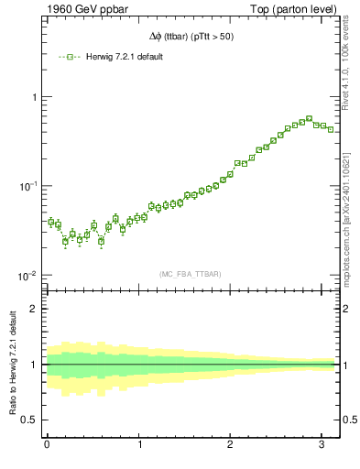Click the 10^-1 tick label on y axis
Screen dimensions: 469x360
click(x=27, y=186)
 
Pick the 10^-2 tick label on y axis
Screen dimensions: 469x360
click(x=27, y=276)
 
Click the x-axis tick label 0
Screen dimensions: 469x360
click(x=47, y=445)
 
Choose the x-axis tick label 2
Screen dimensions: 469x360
click(x=231, y=445)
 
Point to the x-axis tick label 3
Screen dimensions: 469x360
click(x=323, y=445)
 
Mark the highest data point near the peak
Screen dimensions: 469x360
click(x=309, y=118)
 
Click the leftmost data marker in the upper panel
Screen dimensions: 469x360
click(x=51, y=222)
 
